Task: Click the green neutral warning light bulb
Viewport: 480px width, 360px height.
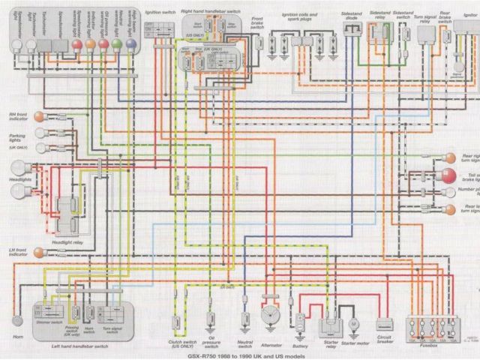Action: tap(117, 44)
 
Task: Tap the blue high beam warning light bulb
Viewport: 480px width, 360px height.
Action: tap(131, 44)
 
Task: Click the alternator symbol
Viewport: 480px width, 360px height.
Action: tap(268, 316)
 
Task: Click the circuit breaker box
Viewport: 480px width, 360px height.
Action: tap(385, 324)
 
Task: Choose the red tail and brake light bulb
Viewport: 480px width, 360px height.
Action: tap(448, 177)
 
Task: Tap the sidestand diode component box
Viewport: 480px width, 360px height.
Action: tap(351, 28)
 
